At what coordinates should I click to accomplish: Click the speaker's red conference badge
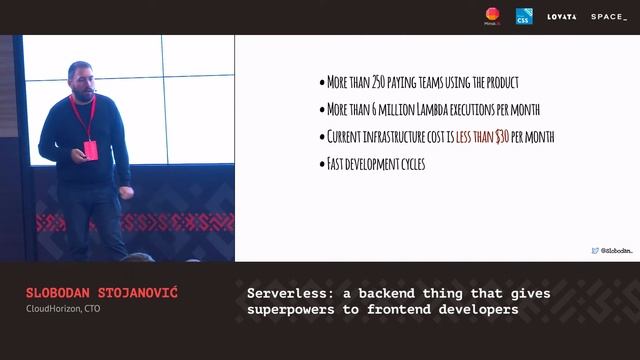tap(91, 150)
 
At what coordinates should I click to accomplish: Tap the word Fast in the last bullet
tap(337, 164)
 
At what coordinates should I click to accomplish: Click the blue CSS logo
tap(524, 16)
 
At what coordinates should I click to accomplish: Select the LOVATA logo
tap(562, 17)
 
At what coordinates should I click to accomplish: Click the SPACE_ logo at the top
tap(609, 17)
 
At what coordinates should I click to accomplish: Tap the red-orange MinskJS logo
tap(492, 15)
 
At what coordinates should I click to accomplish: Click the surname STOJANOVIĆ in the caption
tap(142, 293)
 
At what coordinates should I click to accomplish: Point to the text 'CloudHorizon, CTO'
tap(63, 308)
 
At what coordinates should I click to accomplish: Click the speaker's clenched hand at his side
tap(124, 191)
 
